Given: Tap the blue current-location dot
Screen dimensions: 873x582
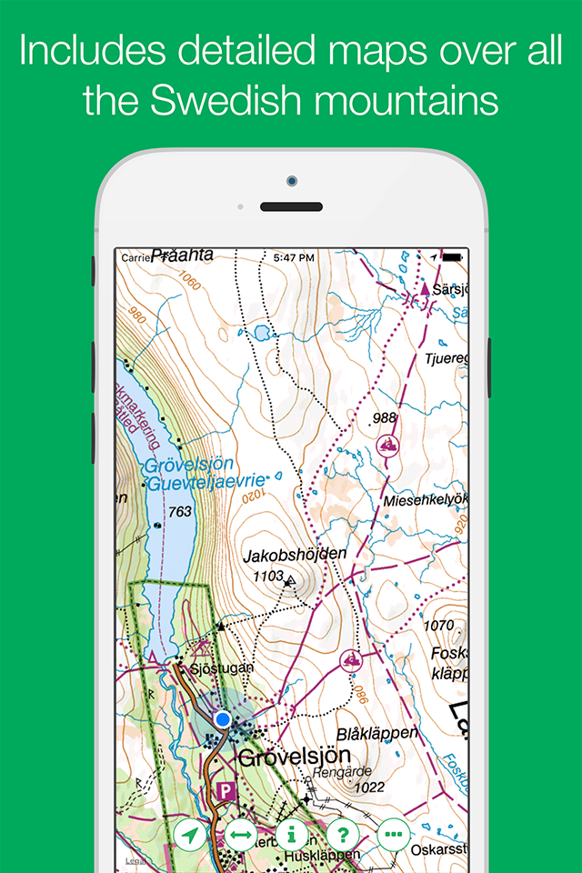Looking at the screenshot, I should [x=222, y=719].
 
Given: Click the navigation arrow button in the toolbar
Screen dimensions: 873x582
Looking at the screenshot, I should [x=191, y=833].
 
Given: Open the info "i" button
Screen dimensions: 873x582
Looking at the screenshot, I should [x=292, y=833].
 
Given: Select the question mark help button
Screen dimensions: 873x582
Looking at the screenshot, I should [x=343, y=833].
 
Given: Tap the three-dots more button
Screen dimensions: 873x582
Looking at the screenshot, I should [x=393, y=833].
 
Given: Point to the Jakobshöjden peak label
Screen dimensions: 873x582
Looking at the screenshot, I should [x=296, y=554].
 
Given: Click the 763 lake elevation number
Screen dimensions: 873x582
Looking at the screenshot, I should [x=180, y=512].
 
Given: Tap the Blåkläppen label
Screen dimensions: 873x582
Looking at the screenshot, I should [x=376, y=733].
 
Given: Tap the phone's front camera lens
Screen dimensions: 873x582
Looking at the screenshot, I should [x=291, y=181].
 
